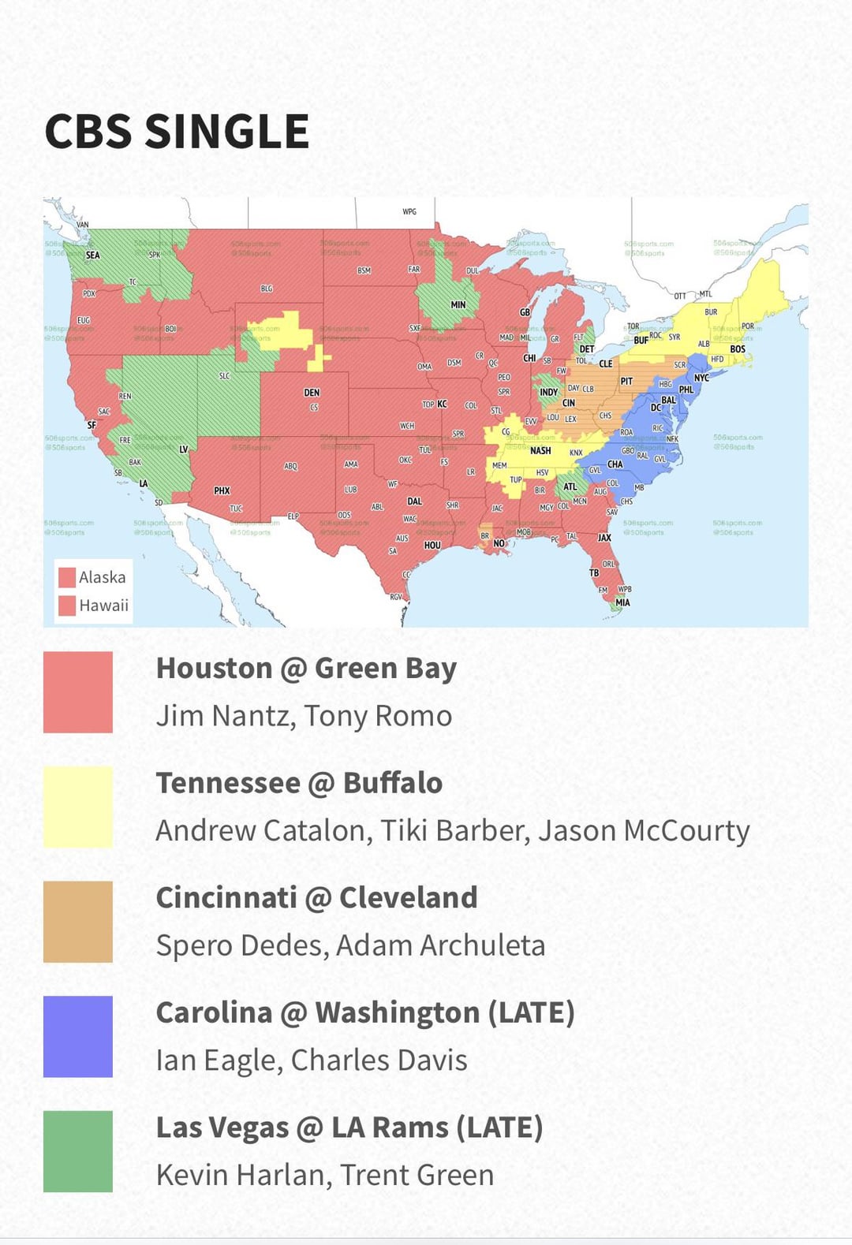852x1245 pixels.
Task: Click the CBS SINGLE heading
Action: click(177, 131)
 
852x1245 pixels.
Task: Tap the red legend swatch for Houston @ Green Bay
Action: click(78, 692)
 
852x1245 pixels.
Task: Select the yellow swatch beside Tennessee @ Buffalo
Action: click(78, 807)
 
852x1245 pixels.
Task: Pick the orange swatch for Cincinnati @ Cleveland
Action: click(78, 922)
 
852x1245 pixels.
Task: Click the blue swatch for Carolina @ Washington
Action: click(78, 1036)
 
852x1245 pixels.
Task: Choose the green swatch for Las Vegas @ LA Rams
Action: click(78, 1151)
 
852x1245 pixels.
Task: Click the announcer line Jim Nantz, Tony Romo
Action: click(304, 716)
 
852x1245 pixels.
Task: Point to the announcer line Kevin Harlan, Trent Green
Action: click(325, 1175)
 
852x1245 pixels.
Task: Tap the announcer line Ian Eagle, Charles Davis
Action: click(312, 1060)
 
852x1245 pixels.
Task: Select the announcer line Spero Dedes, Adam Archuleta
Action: click(350, 945)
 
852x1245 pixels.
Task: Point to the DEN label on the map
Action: click(312, 393)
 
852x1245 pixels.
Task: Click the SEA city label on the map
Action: click(93, 255)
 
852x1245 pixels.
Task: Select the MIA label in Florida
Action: click(622, 602)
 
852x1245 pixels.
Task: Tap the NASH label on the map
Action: click(540, 451)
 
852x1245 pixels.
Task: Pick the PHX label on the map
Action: click(222, 490)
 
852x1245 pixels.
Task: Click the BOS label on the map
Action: click(738, 349)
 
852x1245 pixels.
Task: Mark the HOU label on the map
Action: click(432, 545)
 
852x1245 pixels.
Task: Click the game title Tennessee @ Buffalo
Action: click(299, 783)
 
